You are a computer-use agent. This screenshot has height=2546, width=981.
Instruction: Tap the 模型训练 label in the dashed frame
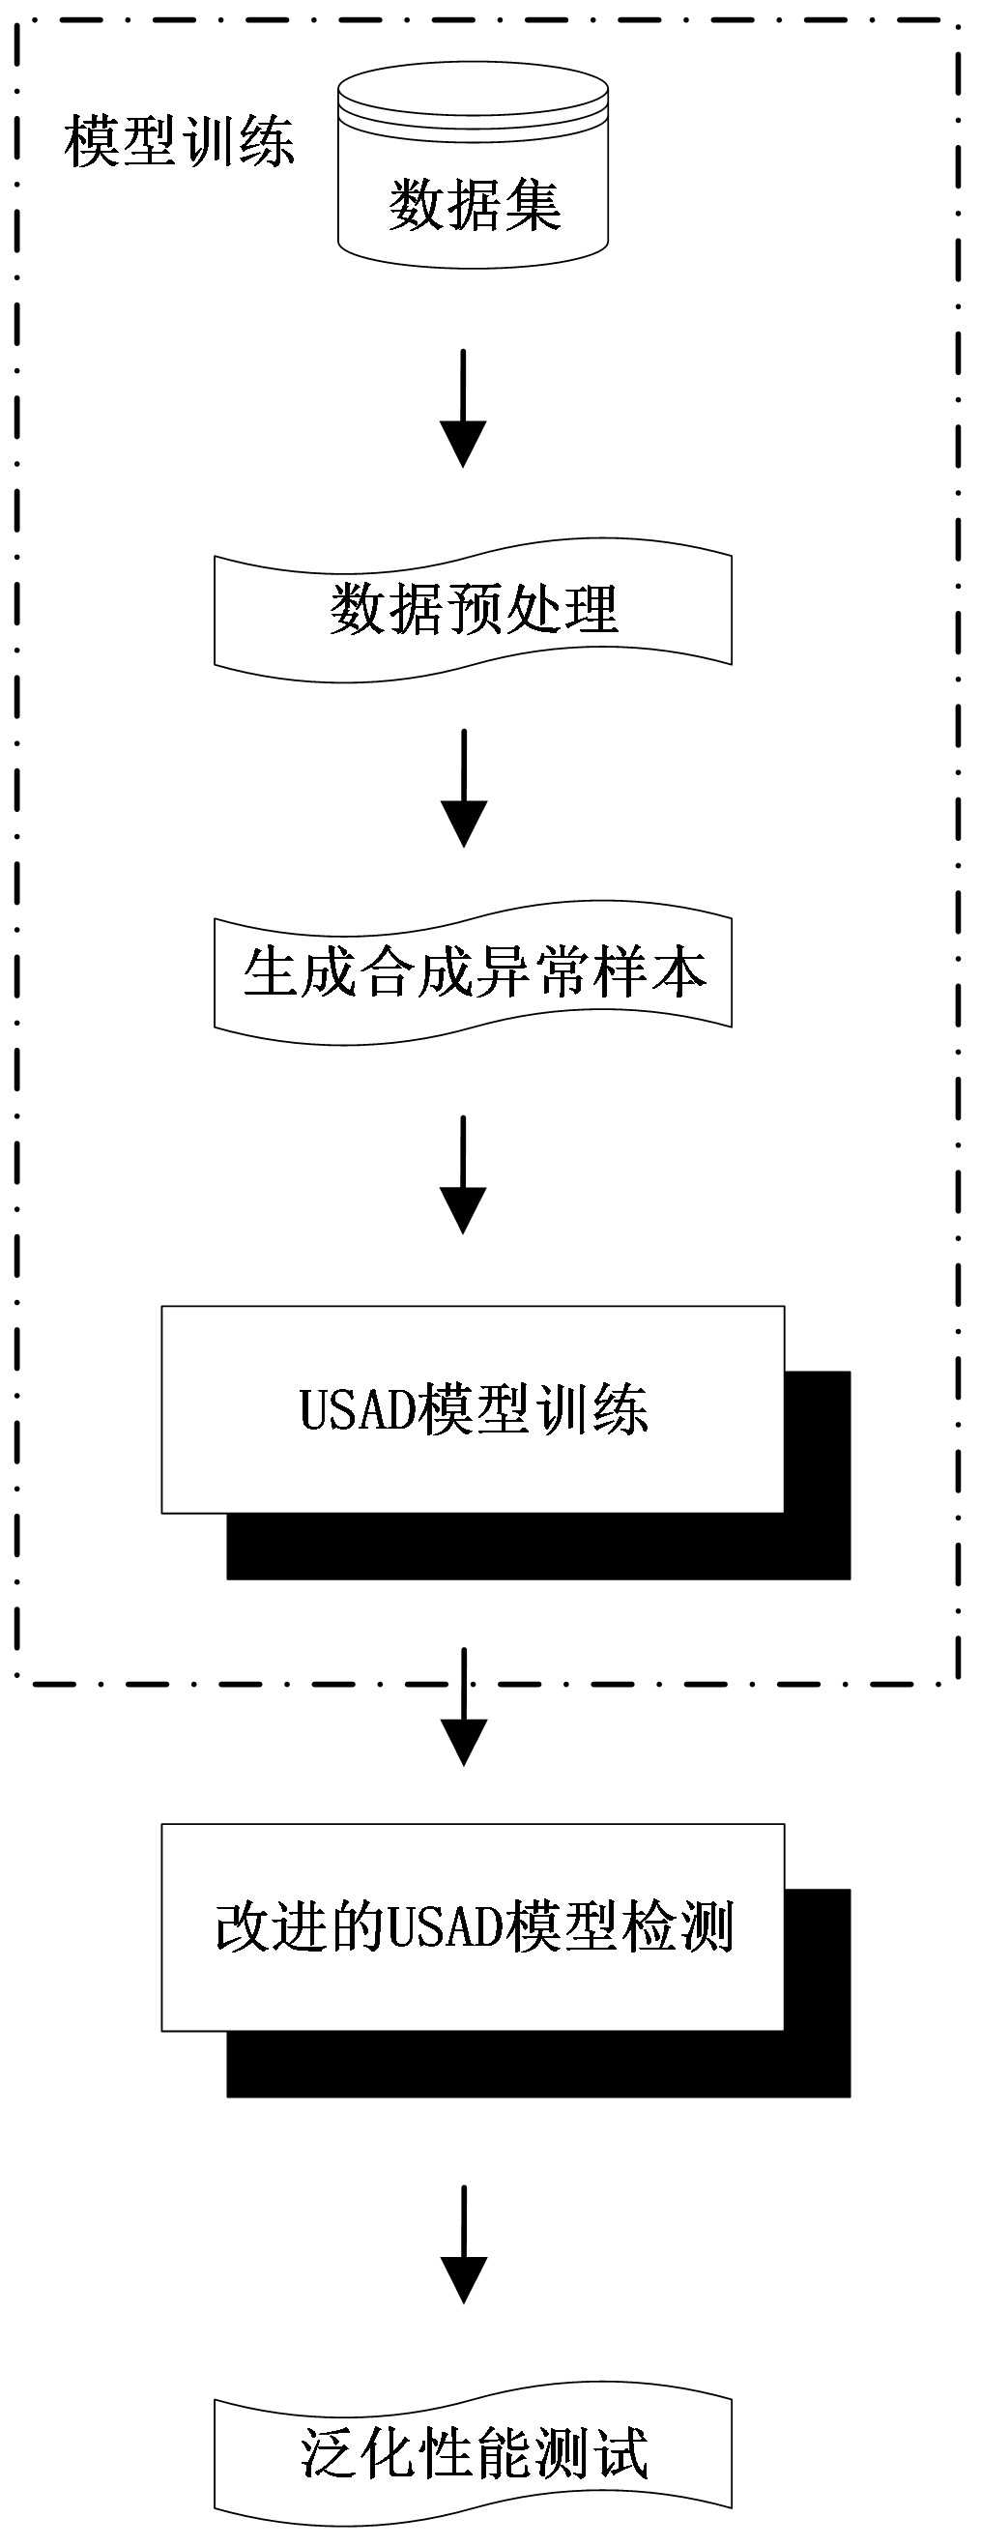pos(179,141)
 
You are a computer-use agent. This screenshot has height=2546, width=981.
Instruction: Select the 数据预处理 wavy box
pos(473,610)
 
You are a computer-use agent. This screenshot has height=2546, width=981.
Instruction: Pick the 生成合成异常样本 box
pos(473,972)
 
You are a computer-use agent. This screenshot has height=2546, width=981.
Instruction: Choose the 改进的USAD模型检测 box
pos(473,1926)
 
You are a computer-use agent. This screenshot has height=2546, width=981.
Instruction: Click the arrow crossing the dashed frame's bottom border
pos(462,1706)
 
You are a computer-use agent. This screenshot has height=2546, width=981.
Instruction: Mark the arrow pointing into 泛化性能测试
pos(462,2243)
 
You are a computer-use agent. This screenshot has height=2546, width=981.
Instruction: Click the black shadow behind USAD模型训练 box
pos(538,1546)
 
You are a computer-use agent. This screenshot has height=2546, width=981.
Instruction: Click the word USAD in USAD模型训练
pos(357,1409)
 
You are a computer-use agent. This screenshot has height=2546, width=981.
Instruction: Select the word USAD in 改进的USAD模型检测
pos(445,1927)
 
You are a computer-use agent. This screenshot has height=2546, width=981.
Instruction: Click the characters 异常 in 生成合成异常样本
pos(532,972)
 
